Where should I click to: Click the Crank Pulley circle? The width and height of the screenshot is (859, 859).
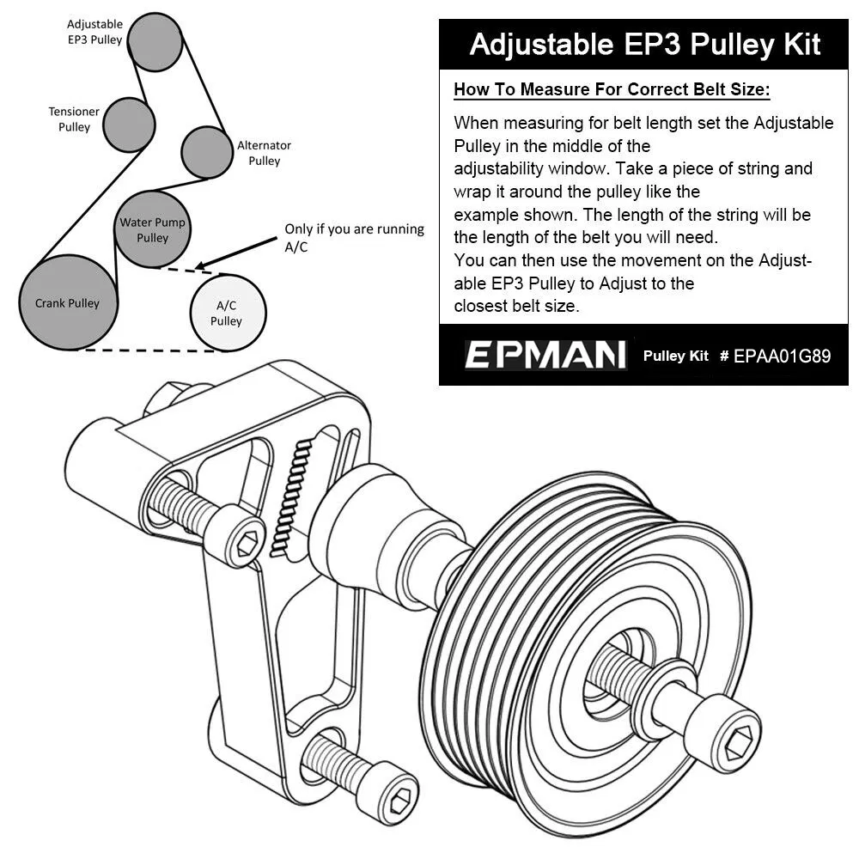pos(68,302)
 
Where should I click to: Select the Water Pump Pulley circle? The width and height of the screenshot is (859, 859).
pos(153,229)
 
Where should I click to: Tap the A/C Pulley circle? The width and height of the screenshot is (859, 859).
pos(228,313)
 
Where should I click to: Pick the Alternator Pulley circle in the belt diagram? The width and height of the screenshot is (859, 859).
pos(207,152)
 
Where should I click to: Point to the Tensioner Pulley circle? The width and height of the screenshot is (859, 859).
pos(129,125)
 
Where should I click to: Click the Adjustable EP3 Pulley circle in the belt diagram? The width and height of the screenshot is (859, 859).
pos(155,41)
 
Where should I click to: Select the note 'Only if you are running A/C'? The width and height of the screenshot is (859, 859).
pos(354,238)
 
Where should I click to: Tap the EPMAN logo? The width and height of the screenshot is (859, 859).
pos(545,355)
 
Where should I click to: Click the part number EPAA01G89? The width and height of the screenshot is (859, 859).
pos(782,356)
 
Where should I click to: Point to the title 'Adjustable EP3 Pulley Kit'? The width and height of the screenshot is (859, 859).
pos(645,44)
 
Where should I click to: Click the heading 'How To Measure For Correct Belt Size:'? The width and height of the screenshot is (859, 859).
pos(612,89)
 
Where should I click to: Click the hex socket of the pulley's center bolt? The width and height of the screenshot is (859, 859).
pos(736,745)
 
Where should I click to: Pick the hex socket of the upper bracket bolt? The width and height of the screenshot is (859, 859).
pos(247,544)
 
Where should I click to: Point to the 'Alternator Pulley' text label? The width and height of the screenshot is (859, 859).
pos(264,153)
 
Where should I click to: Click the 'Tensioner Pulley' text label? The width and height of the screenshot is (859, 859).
pos(74,119)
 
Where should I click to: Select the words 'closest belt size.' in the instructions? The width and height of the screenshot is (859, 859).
pos(516,306)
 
